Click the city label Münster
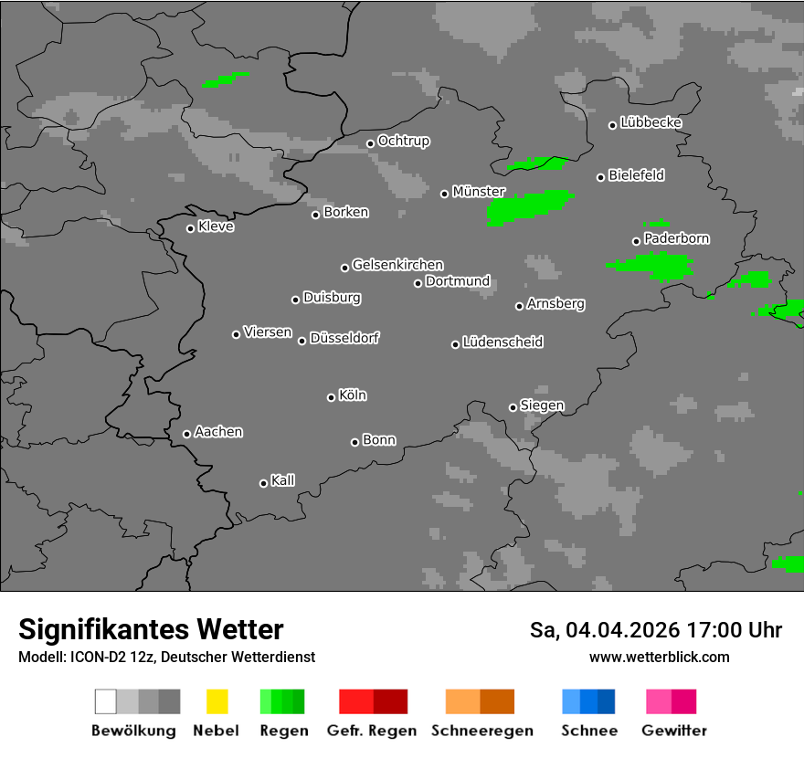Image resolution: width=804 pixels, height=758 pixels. [479, 192]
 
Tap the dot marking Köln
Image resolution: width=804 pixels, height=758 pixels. [331, 397]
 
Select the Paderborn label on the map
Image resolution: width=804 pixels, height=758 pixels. [677, 239]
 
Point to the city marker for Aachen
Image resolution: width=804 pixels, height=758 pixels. [186, 434]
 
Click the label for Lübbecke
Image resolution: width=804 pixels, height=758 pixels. [651, 122]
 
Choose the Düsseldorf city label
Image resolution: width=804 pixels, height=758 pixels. [344, 338]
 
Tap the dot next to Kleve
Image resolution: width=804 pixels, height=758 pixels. [190, 228]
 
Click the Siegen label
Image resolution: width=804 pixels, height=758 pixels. [543, 405]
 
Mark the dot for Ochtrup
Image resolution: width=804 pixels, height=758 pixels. [370, 143]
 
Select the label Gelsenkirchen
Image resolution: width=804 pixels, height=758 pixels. [398, 265]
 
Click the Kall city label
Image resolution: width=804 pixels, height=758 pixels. [283, 480]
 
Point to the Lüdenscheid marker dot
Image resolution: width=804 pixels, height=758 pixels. [455, 344]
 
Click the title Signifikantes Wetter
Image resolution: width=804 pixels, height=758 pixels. [151, 629]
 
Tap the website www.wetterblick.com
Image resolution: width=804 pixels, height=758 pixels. [660, 657]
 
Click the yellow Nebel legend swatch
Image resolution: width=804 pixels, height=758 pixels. [217, 701]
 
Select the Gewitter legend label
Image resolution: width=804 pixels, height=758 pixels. [674, 731]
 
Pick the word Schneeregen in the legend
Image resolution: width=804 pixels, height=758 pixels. [482, 731]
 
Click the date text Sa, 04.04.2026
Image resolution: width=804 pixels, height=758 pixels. [604, 630]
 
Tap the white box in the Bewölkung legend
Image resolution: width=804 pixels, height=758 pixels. [106, 701]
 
